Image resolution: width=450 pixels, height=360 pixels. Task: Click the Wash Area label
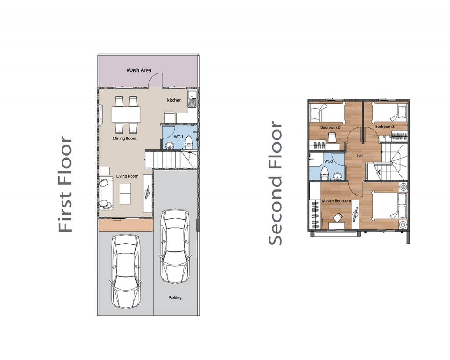coord(139,70)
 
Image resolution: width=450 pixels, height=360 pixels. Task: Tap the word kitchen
coord(174,100)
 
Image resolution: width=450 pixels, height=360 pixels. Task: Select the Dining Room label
coord(124,138)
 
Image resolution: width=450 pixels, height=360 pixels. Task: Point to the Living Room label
coord(127,176)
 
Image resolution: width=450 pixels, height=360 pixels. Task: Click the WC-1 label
coord(178,137)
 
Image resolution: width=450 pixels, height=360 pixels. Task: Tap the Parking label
coord(175,298)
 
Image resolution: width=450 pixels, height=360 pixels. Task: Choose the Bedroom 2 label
coord(330,127)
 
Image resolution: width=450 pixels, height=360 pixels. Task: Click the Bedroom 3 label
coord(385,127)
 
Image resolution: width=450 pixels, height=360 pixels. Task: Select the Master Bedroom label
coord(336,201)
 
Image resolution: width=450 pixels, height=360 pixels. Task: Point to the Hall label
coord(360,156)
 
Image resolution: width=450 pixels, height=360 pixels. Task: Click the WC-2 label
coord(329,161)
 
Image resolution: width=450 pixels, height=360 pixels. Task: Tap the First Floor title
coord(65,184)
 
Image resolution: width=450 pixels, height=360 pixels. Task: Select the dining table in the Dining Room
coord(126,115)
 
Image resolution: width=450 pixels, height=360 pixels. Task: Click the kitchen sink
coord(192,99)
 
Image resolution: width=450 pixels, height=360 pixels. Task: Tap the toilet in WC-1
coord(188,143)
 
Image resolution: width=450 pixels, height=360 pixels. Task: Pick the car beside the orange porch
coord(126,271)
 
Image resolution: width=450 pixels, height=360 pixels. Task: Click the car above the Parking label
coord(175,246)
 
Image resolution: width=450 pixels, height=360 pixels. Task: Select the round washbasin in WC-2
coord(337,176)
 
